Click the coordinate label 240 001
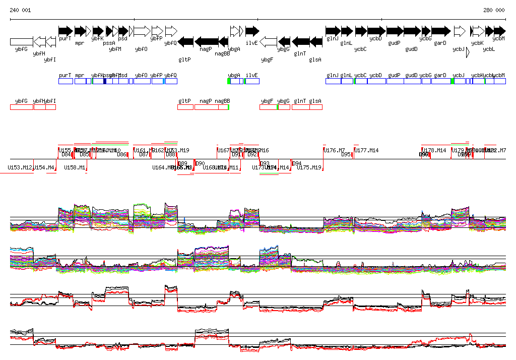click(20, 10)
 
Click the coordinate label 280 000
click(494, 10)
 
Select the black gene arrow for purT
click(66, 31)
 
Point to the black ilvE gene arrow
click(252, 31)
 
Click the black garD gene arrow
click(440, 31)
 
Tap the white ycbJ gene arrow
click(459, 31)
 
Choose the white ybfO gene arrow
click(142, 31)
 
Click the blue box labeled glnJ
click(333, 81)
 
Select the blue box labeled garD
click(441, 81)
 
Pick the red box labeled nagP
click(206, 106)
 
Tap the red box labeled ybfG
click(22, 106)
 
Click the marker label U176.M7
click(334, 151)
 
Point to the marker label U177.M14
click(366, 151)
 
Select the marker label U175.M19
click(309, 167)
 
